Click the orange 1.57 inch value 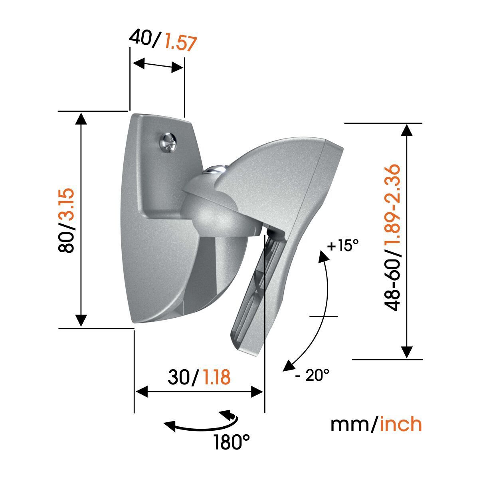click(181, 43)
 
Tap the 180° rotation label click(231, 442)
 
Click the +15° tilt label click(340, 246)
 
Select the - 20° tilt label click(313, 375)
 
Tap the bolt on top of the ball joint click(214, 168)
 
